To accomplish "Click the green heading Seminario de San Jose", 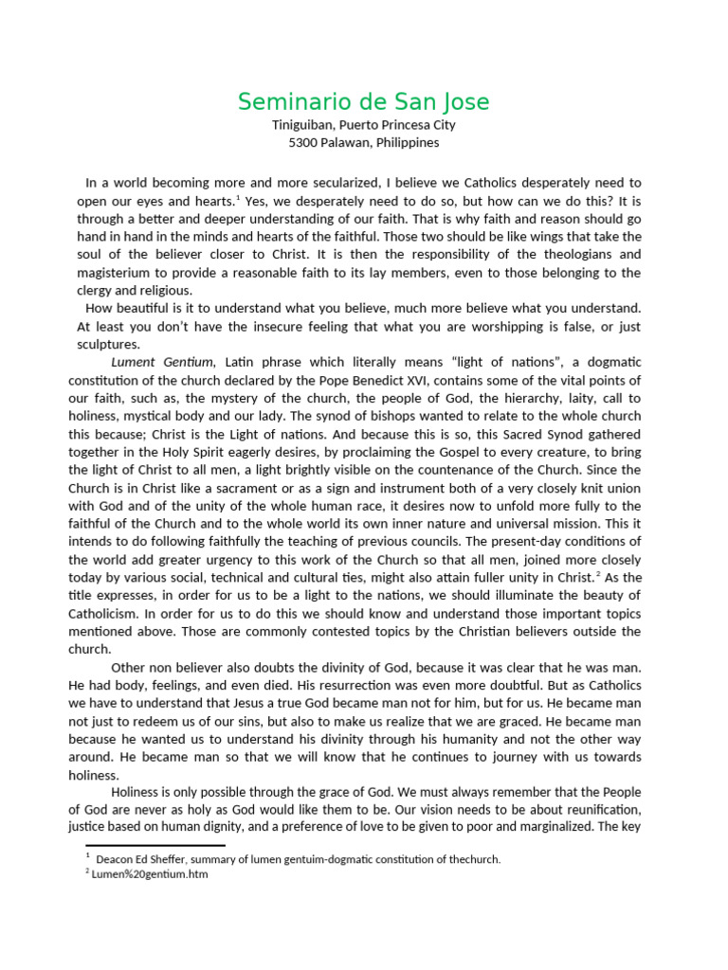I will point(364,101).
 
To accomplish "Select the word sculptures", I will point(108,345).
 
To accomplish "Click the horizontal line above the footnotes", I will point(155,845).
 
